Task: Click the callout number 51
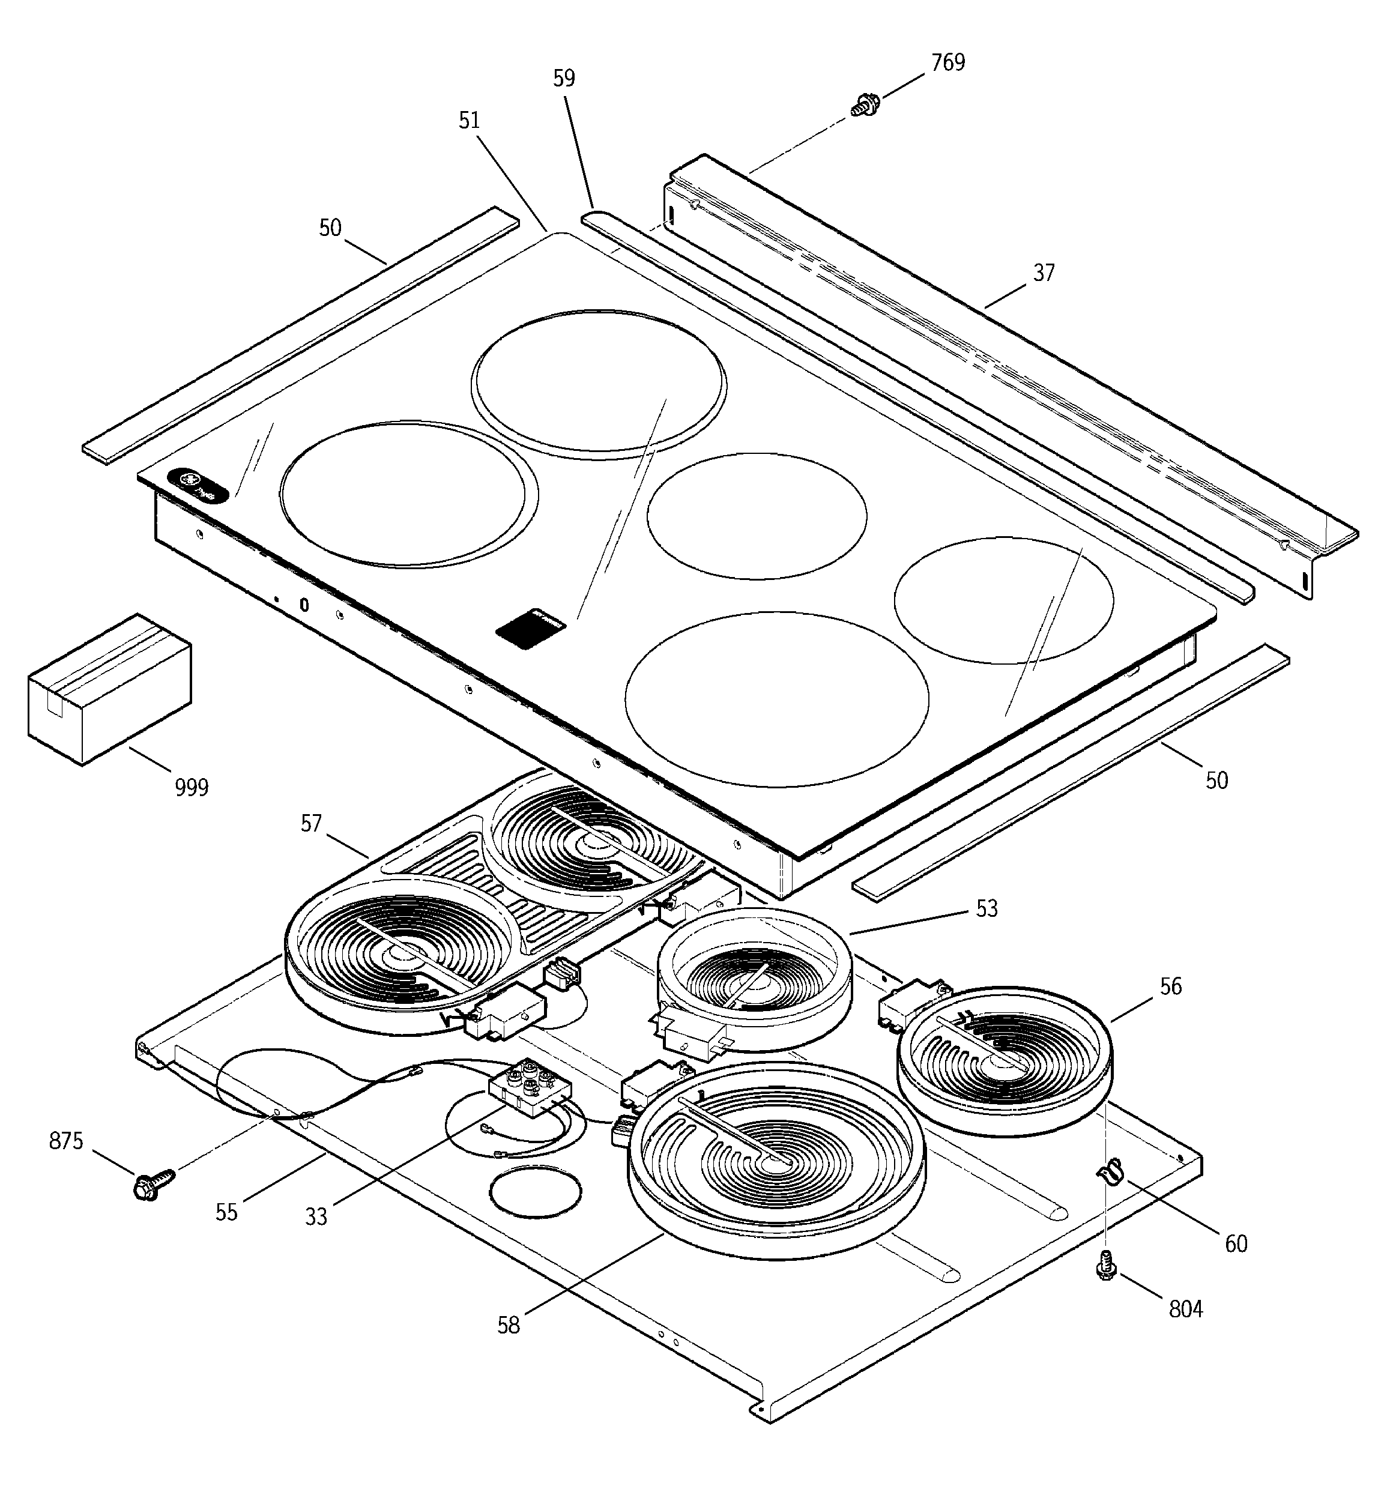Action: click(469, 120)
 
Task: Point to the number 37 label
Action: click(1043, 274)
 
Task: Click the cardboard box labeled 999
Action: click(109, 689)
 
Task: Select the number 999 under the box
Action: click(192, 787)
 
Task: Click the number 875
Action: click(66, 1141)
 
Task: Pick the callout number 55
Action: click(226, 1212)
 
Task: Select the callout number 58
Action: click(509, 1325)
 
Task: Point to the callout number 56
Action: click(1170, 986)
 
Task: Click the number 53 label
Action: click(987, 909)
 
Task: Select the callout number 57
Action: click(311, 824)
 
